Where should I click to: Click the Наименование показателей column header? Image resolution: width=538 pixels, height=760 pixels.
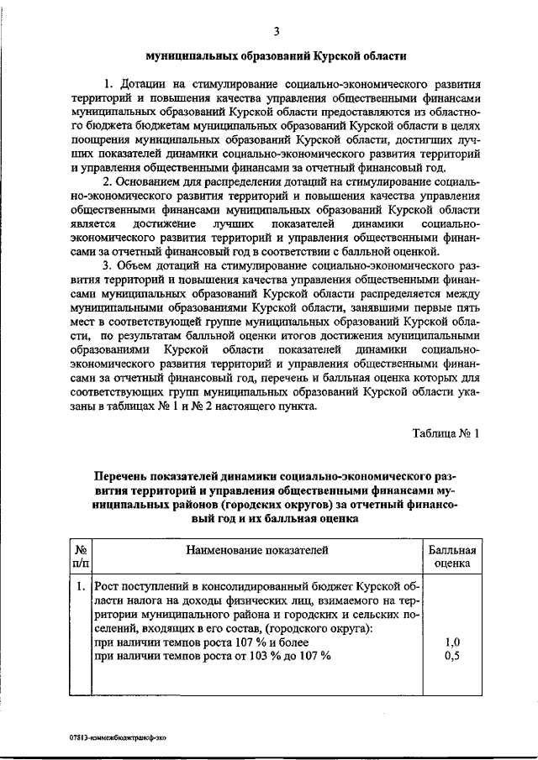tap(256, 550)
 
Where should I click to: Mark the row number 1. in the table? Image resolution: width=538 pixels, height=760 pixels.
tap(80, 584)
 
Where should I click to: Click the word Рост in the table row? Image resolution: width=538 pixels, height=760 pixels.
tap(110, 584)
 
